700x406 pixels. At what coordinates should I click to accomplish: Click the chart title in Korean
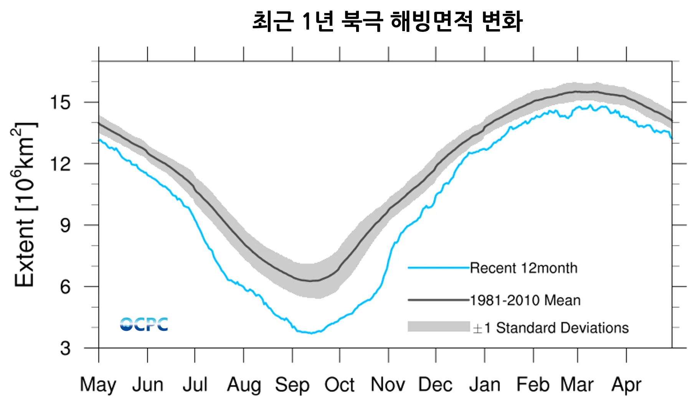(x=388, y=21)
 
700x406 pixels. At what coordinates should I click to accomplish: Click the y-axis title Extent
(x=24, y=205)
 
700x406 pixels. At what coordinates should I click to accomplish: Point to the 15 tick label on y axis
(x=60, y=102)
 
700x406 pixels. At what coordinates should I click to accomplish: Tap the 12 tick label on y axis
(x=60, y=164)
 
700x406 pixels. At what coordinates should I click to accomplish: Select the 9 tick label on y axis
(x=65, y=225)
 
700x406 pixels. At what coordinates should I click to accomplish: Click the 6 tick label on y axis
(x=65, y=287)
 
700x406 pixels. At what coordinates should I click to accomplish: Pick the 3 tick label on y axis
(x=65, y=348)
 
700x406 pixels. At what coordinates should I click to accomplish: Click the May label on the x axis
(x=98, y=385)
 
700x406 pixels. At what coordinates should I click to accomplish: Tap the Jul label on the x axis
(x=195, y=385)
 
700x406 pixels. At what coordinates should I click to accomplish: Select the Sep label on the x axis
(x=292, y=385)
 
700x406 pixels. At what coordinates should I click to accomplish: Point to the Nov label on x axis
(x=388, y=385)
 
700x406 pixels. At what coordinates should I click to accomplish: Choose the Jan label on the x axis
(x=485, y=385)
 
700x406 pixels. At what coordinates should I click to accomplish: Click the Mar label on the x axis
(x=577, y=385)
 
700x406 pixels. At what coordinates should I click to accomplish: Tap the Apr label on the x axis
(x=626, y=385)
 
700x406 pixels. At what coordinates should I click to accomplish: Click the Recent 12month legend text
(x=523, y=268)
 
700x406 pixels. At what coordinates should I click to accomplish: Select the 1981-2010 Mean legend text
(x=525, y=300)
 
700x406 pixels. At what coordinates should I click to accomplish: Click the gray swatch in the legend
(x=439, y=327)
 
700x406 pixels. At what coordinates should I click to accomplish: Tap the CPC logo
(x=144, y=324)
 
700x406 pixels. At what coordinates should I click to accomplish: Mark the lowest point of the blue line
(x=311, y=333)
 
